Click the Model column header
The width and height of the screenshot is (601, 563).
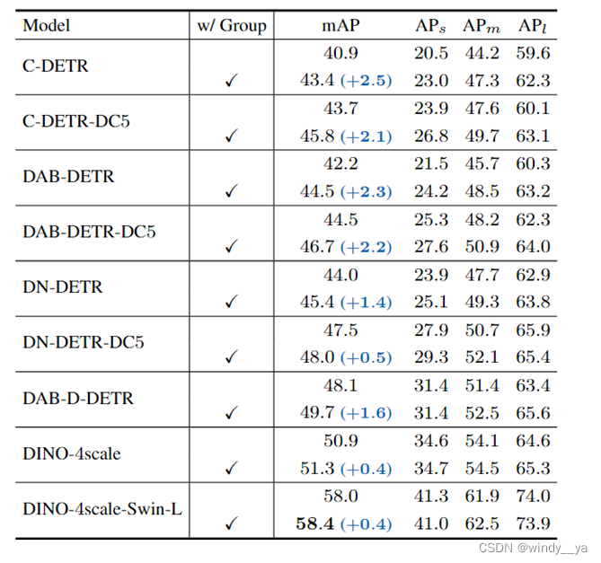click(x=47, y=26)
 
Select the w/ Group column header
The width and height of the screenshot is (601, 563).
click(x=232, y=26)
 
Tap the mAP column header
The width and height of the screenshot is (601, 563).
click(x=340, y=26)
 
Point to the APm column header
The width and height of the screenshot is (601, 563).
click(x=482, y=26)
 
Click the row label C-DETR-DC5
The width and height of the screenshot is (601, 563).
click(x=76, y=121)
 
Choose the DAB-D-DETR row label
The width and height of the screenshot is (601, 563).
click(x=78, y=399)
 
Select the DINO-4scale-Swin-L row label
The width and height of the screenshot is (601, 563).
click(x=102, y=509)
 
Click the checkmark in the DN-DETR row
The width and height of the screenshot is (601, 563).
click(x=232, y=302)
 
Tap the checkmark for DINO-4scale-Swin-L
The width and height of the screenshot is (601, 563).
click(x=232, y=523)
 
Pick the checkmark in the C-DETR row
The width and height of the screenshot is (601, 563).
click(x=232, y=81)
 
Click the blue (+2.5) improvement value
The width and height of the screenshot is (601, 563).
click(x=366, y=81)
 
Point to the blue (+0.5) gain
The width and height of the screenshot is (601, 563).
click(x=366, y=357)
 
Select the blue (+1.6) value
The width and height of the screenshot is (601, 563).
click(x=366, y=413)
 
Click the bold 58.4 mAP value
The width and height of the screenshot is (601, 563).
click(x=315, y=523)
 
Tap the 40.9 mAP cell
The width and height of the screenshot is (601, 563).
click(x=340, y=53)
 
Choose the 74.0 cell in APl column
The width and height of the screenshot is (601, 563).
click(x=533, y=496)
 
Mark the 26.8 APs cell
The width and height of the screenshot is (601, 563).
click(x=431, y=136)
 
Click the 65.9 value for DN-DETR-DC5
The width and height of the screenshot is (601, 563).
click(x=533, y=330)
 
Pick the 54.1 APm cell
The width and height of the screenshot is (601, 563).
click(x=482, y=441)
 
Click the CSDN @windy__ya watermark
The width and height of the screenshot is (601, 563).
click(x=533, y=548)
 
